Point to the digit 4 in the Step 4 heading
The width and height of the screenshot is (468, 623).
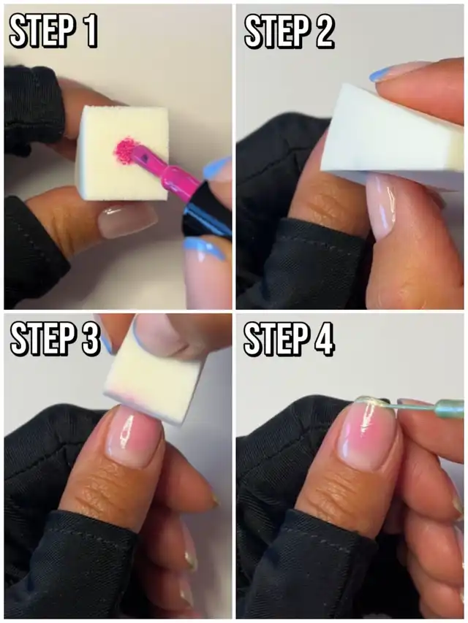[322, 339]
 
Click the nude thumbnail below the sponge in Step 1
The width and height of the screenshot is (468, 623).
[127, 221]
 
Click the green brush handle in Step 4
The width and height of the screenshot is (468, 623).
[450, 409]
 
